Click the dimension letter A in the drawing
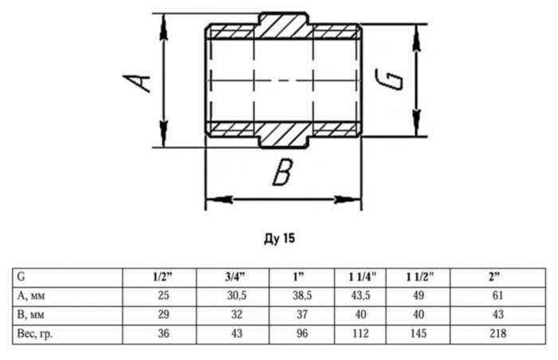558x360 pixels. click(x=139, y=80)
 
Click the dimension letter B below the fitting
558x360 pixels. click(x=280, y=173)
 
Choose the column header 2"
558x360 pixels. click(x=495, y=277)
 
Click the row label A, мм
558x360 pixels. click(x=33, y=295)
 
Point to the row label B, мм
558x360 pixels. click(x=33, y=315)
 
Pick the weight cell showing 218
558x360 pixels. click(x=495, y=334)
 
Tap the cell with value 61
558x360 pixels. click(x=495, y=295)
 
